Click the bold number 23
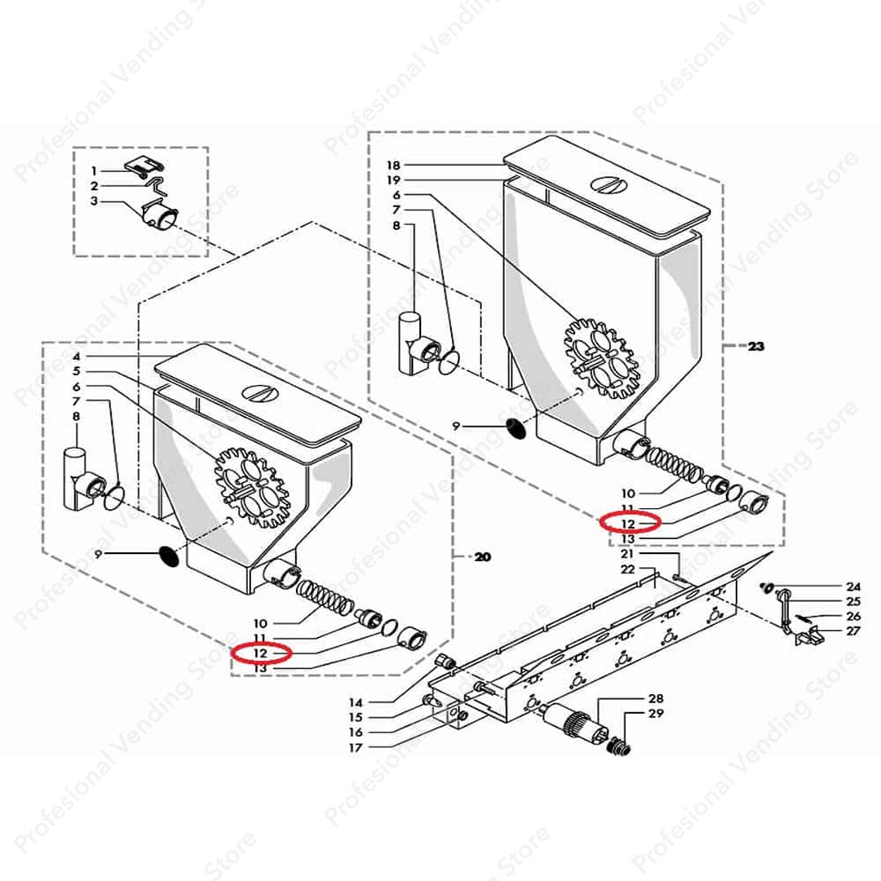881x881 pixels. coord(755,346)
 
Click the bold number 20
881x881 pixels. coord(482,557)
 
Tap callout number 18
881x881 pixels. coord(393,165)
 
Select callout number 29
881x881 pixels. coord(656,714)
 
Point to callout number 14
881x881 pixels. coord(356,702)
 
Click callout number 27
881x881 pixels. coord(853,631)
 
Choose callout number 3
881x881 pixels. coord(94,201)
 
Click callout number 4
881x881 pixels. coord(77,356)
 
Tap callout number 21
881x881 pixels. coord(627,555)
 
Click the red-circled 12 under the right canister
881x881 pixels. coord(627,524)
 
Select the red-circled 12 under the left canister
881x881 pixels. coord(260,653)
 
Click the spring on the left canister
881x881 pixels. coord(325,599)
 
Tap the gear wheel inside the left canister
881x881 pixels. coord(253,488)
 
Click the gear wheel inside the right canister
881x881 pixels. coord(602,358)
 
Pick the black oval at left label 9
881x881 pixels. coord(169,556)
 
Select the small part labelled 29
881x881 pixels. coord(620,746)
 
